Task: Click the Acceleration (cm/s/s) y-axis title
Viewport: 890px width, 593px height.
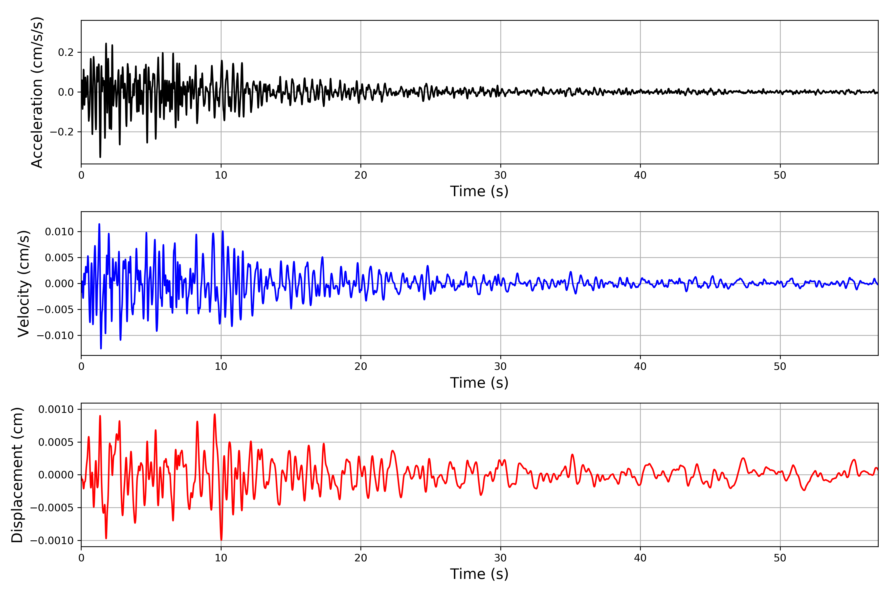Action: click(x=37, y=92)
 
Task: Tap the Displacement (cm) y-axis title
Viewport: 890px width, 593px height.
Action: click(x=17, y=475)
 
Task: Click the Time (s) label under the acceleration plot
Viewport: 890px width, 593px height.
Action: click(x=479, y=191)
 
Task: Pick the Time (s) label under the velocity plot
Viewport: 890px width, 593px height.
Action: click(x=479, y=383)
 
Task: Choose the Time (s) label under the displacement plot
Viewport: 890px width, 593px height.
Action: click(x=479, y=574)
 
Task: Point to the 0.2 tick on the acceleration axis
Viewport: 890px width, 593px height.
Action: click(x=66, y=52)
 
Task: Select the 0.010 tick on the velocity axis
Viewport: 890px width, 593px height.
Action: click(x=59, y=232)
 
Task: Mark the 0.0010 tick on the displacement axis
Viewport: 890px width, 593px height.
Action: click(x=56, y=409)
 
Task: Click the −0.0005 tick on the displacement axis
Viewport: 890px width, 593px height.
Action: click(x=52, y=508)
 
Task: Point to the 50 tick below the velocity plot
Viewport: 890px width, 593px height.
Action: click(x=780, y=366)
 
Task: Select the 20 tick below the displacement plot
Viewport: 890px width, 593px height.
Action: click(x=361, y=558)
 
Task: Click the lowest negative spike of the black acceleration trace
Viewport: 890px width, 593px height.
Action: click(x=100, y=157)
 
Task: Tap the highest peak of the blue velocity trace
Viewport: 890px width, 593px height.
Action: click(x=99, y=224)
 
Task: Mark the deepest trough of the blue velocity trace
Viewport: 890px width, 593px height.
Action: click(x=101, y=348)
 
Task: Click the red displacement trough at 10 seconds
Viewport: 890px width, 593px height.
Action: click(x=221, y=540)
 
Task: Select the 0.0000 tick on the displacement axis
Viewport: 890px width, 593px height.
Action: click(x=56, y=475)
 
